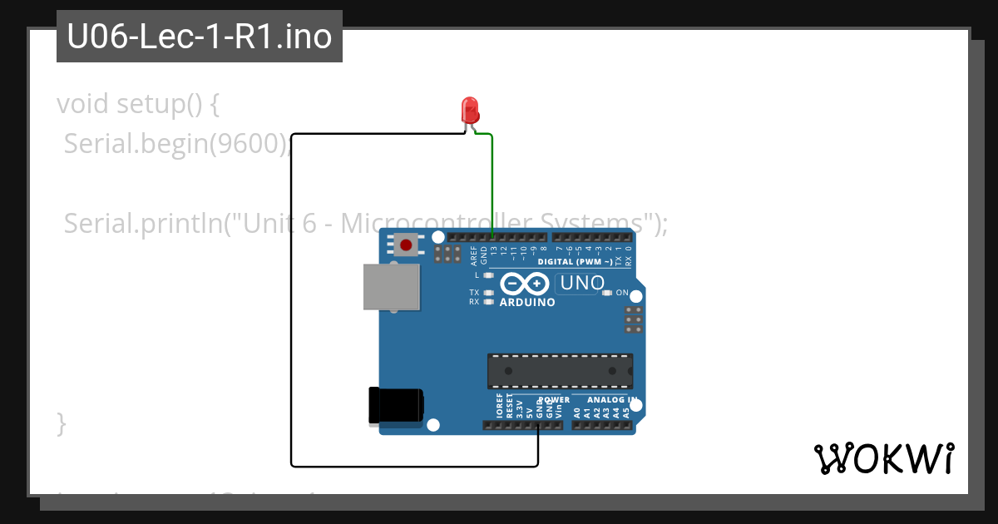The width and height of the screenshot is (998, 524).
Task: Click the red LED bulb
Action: tap(470, 109)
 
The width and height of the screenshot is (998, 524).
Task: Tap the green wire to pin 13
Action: tap(492, 183)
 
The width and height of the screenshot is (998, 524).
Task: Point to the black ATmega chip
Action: tap(560, 370)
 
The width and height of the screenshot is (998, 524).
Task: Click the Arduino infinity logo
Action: tap(526, 284)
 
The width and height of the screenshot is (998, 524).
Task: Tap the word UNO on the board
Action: tap(581, 283)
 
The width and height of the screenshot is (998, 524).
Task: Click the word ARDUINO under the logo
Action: tap(527, 303)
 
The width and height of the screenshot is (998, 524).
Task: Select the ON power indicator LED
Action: tap(607, 293)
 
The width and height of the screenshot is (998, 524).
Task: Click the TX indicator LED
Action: tap(488, 293)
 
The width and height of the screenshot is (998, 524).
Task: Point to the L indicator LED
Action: tap(488, 274)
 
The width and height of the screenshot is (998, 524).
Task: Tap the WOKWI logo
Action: tap(883, 458)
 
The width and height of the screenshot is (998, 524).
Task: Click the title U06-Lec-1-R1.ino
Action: tap(200, 37)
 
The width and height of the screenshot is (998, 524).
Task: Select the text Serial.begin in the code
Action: tap(133, 144)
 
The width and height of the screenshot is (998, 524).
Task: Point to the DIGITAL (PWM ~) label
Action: tap(576, 262)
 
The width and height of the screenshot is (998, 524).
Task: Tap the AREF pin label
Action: tap(474, 255)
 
